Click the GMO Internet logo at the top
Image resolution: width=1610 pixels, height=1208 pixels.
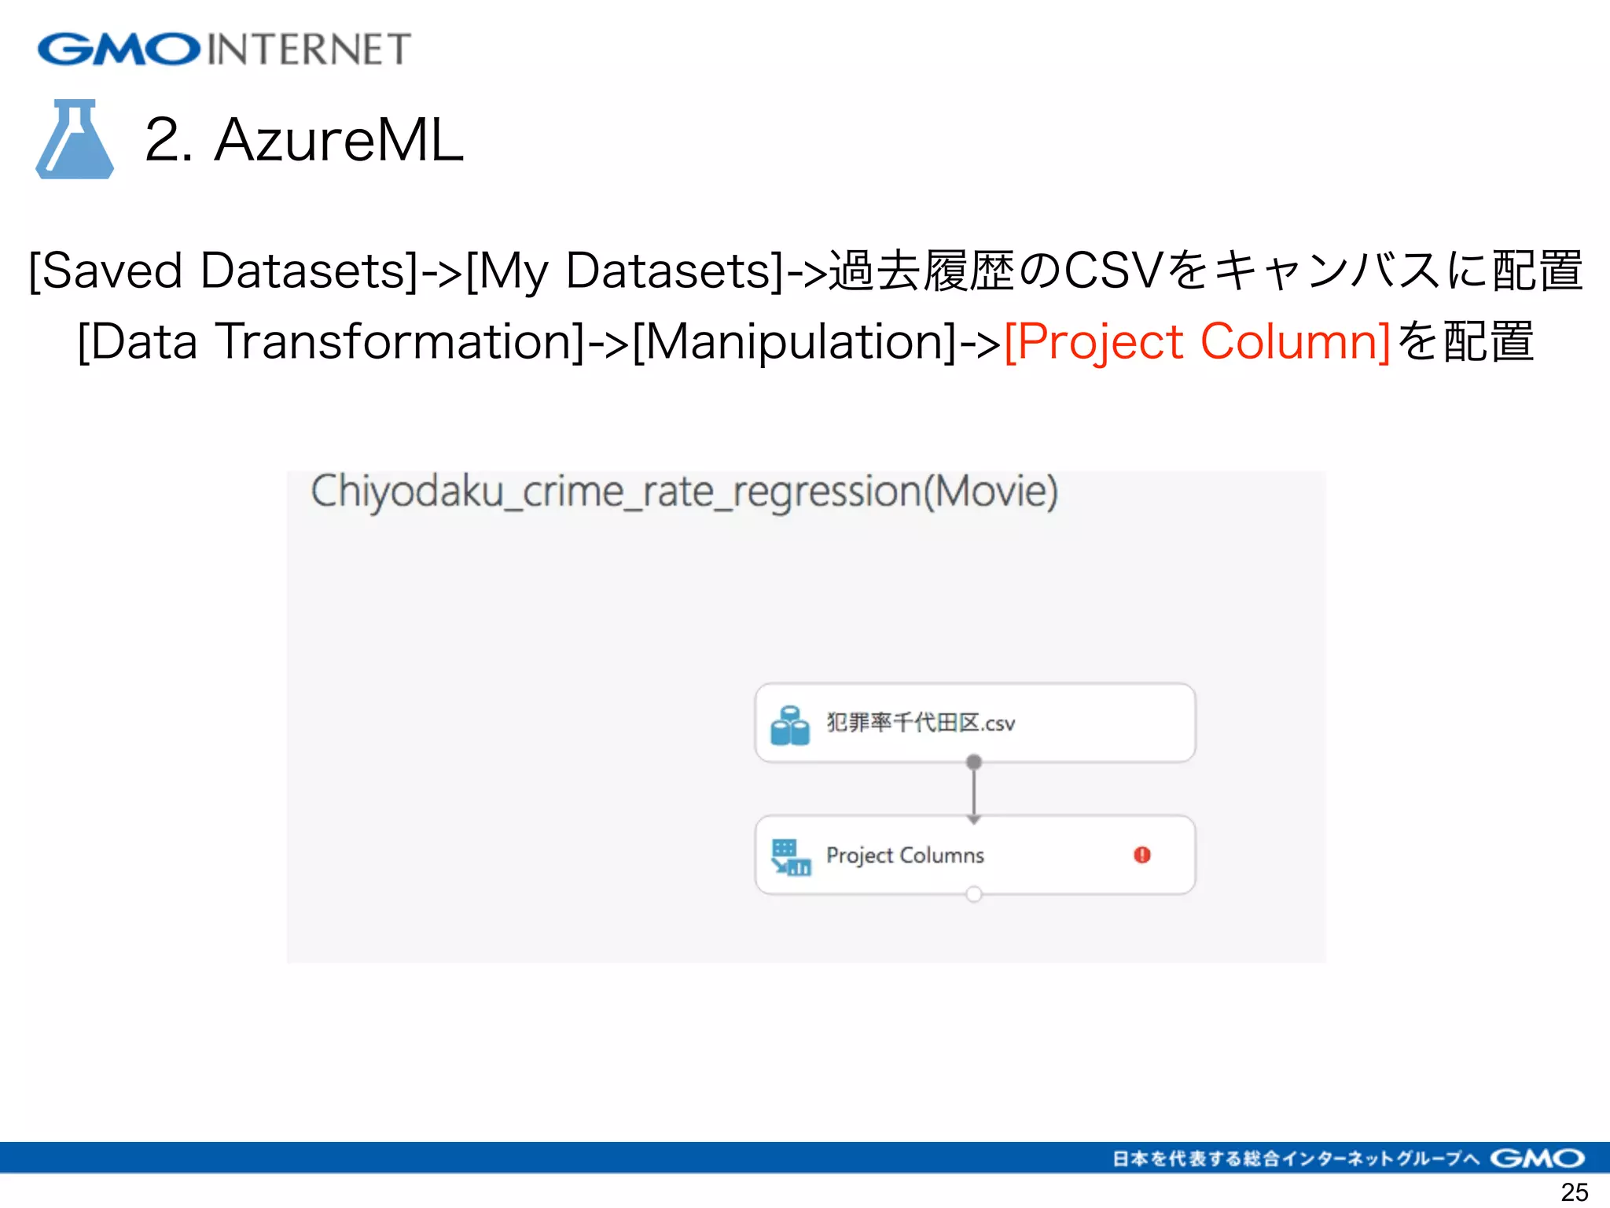click(224, 49)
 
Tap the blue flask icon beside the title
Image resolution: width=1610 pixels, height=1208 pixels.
click(75, 140)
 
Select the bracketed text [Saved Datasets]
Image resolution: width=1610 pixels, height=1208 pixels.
click(222, 271)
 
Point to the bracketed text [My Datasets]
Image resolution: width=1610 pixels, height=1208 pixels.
click(624, 271)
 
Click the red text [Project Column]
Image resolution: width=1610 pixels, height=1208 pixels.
click(1197, 341)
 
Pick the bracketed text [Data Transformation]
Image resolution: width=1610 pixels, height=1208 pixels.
click(331, 341)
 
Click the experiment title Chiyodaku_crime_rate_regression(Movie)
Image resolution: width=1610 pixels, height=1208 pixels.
click(684, 492)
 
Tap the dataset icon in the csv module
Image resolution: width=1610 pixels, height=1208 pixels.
click(789, 724)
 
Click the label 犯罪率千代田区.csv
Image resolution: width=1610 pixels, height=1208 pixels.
click(920, 723)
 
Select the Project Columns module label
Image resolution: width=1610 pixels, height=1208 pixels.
click(905, 855)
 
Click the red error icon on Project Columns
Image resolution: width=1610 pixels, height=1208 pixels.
click(1141, 855)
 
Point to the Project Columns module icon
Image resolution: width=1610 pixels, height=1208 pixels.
click(790, 857)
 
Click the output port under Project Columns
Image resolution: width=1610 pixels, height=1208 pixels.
click(974, 894)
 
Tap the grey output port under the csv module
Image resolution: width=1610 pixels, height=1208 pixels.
click(974, 761)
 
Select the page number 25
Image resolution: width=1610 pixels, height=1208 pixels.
click(1574, 1192)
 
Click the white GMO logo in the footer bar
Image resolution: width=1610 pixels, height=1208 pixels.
click(1537, 1158)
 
